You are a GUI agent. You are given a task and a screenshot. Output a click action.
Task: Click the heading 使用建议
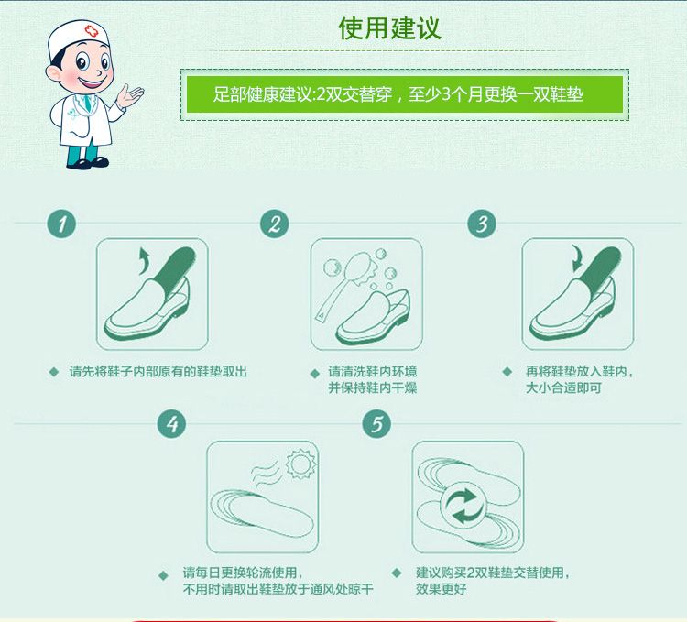[x=389, y=29]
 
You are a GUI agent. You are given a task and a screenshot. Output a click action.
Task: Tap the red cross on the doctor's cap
[x=91, y=31]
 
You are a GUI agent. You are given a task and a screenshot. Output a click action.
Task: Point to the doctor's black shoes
[x=88, y=163]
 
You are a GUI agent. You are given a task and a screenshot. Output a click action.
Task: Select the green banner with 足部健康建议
[x=404, y=94]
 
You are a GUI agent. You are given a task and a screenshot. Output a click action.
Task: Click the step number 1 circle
[x=61, y=224]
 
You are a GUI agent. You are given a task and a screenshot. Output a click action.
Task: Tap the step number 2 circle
[x=274, y=224]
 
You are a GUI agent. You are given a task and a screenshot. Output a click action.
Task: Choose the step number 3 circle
[x=482, y=224]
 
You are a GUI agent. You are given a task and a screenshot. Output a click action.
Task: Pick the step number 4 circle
[x=172, y=423]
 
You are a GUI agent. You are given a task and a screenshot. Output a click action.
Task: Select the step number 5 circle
[x=376, y=423]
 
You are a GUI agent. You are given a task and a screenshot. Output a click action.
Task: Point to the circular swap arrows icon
[x=464, y=506]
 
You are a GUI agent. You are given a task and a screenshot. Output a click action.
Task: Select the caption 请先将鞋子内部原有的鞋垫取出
[x=158, y=372]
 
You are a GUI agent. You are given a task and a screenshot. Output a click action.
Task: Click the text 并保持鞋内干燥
[x=373, y=387]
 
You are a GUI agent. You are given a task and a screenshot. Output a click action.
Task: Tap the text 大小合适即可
[x=563, y=387]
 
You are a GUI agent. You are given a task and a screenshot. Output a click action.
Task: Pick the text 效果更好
[x=442, y=588]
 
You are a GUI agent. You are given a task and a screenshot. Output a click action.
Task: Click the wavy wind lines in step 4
[x=266, y=472]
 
